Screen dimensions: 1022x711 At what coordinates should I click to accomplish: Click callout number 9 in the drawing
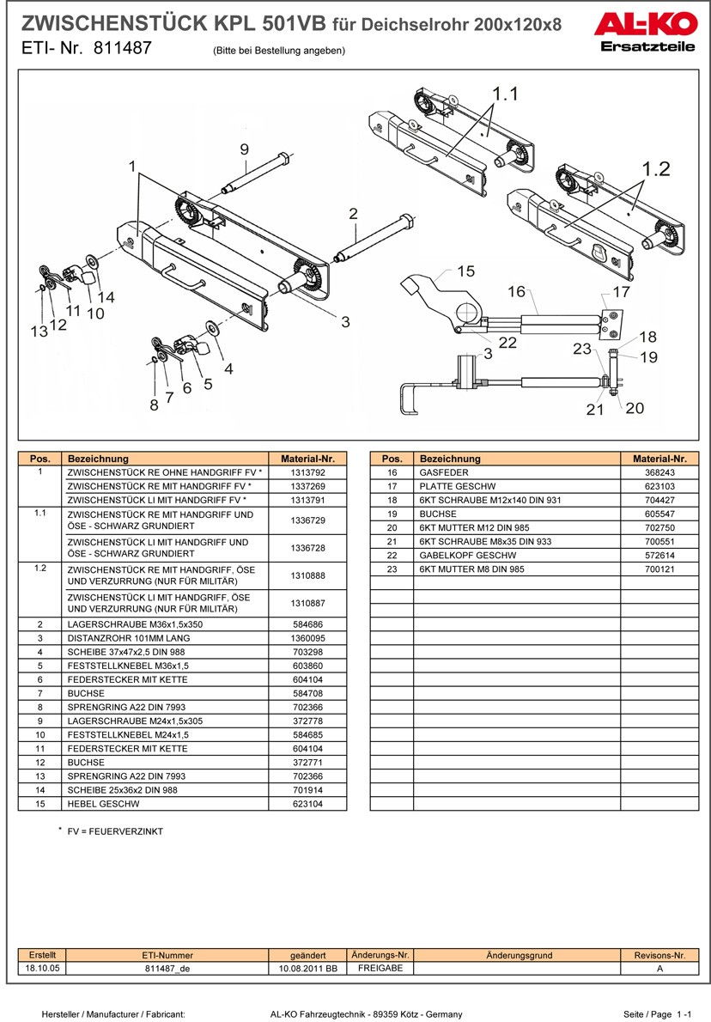(244, 149)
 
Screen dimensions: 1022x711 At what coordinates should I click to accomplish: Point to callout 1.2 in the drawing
(656, 169)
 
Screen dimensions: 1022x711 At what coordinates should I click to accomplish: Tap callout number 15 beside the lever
(465, 271)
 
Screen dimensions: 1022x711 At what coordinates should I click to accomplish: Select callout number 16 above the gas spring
(516, 292)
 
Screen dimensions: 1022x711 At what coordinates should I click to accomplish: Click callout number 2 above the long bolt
(353, 213)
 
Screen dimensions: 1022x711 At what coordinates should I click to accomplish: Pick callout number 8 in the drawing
(154, 404)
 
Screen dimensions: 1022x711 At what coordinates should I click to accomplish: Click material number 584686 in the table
(307, 624)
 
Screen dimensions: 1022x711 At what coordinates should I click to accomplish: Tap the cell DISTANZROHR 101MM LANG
(129, 638)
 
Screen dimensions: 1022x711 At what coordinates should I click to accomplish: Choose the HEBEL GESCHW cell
(103, 804)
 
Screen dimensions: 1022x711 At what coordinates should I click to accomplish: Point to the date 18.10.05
(42, 968)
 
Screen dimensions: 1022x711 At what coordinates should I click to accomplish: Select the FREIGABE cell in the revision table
(380, 968)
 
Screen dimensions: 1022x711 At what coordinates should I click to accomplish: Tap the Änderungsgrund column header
(519, 955)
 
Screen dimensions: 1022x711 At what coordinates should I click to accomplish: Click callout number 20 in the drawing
(635, 408)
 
